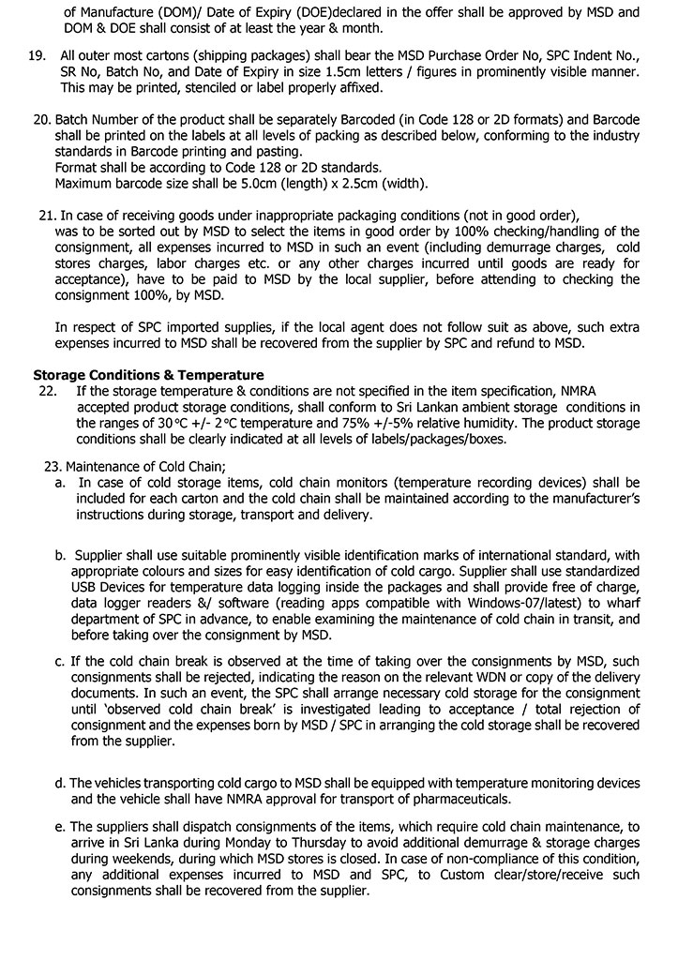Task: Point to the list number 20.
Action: point(41,121)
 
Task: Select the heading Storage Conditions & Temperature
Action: point(148,375)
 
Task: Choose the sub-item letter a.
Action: point(60,483)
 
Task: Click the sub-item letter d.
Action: point(60,784)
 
